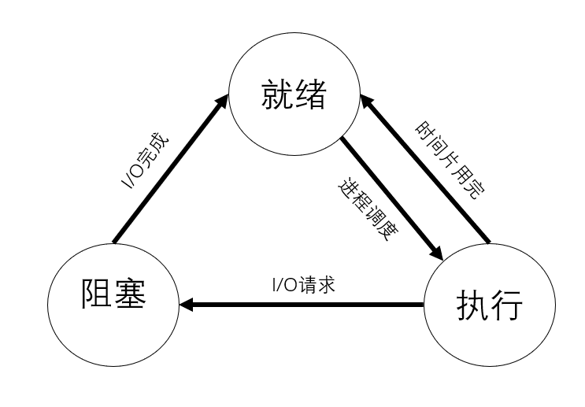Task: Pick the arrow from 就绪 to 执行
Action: pyautogui.click(x=391, y=198)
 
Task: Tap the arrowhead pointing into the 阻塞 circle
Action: pyautogui.click(x=187, y=303)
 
